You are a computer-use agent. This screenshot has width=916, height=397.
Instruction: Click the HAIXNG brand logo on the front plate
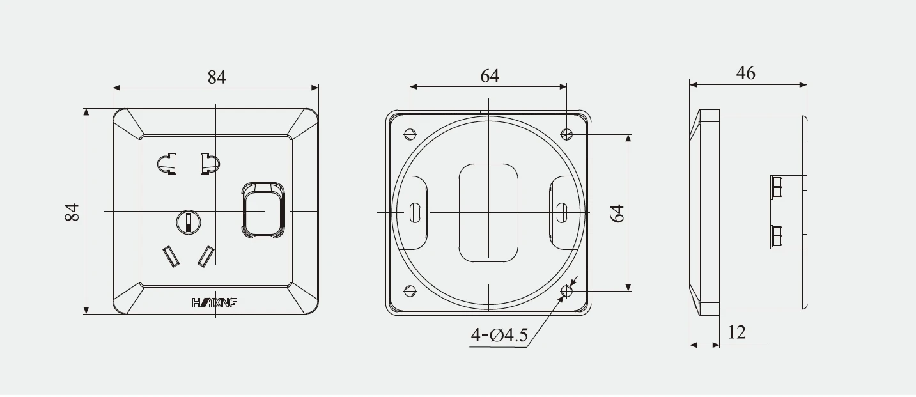(215, 302)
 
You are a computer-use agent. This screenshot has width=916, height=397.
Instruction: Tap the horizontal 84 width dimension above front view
(217, 77)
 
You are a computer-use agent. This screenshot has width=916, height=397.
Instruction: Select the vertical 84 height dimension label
(72, 212)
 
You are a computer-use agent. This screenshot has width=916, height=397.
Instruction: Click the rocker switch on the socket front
(263, 210)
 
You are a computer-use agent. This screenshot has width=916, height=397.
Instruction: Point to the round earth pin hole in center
(189, 222)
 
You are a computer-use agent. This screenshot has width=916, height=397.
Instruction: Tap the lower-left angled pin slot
(171, 256)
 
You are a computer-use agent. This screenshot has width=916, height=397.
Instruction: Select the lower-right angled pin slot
(206, 256)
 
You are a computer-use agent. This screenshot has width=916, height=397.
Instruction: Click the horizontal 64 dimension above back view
(490, 75)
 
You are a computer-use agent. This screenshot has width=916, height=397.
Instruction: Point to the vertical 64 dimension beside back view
(617, 213)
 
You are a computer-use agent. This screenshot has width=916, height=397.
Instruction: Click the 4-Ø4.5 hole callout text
(499, 335)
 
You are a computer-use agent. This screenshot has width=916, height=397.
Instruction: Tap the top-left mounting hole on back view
(410, 134)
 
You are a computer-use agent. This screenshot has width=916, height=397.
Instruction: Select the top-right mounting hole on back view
(566, 134)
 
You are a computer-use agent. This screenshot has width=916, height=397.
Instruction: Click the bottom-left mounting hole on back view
(410, 292)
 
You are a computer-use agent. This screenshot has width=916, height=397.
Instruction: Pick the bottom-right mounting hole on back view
(566, 292)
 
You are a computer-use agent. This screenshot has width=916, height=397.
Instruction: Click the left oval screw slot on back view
(415, 212)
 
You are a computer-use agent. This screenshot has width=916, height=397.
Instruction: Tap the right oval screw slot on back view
(562, 212)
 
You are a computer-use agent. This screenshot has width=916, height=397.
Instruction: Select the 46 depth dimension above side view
(745, 73)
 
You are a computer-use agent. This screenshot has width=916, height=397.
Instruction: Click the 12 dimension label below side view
(736, 332)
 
